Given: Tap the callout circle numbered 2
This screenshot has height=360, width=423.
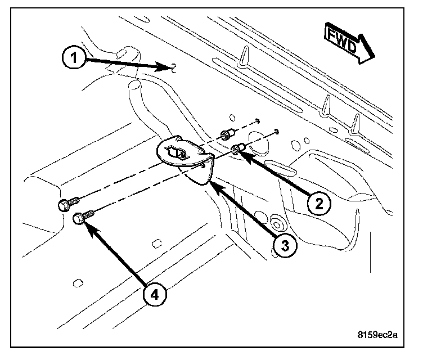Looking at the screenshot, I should coord(318,203).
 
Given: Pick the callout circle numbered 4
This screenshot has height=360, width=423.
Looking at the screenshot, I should coord(155,294).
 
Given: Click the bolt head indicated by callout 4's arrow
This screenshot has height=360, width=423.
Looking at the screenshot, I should coord(80,218).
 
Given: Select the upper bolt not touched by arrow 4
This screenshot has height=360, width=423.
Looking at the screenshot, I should coord(64,205).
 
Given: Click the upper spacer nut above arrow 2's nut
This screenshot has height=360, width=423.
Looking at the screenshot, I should coord(226,134).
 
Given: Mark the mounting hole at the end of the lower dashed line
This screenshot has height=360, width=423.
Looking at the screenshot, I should coord(277,132).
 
